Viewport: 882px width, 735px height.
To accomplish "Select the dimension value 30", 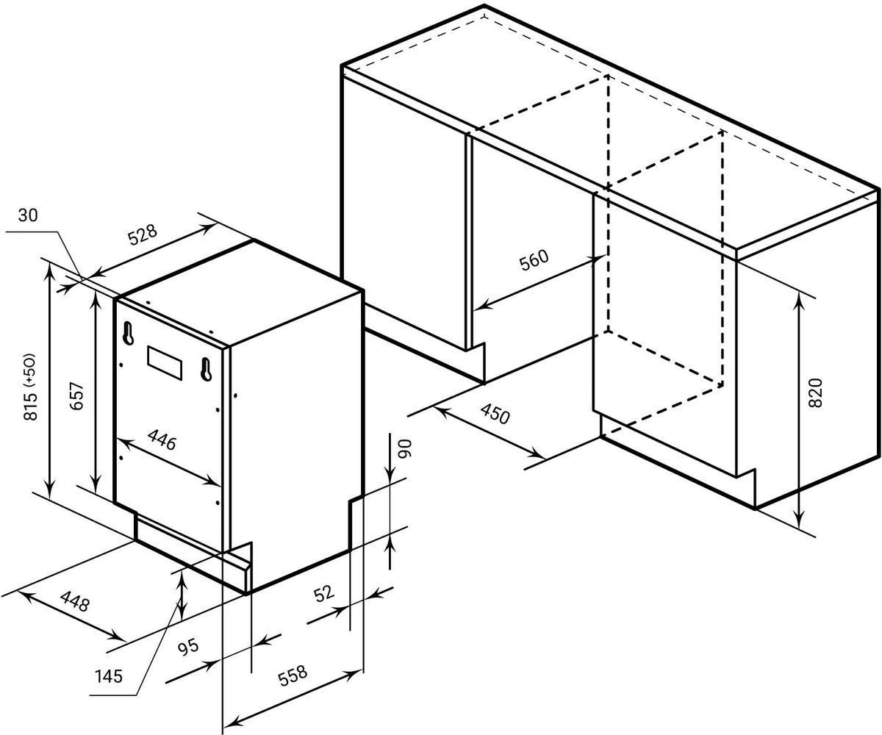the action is point(28,215).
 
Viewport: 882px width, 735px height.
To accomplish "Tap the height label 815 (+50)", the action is point(31,387).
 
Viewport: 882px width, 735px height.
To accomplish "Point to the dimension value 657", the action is point(76,397).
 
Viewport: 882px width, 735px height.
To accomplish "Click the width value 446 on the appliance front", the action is point(162,440).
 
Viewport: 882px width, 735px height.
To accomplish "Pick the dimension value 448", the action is point(75,601).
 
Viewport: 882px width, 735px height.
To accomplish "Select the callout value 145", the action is point(108,677).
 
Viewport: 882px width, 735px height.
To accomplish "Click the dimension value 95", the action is point(187,646).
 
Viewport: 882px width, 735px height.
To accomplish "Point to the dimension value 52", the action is point(324,594).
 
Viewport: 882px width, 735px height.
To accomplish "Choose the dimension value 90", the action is point(404,449).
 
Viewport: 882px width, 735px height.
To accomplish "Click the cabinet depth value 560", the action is point(534,260).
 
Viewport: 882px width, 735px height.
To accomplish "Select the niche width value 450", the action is point(495,414).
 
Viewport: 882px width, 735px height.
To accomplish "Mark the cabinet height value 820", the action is point(815,392).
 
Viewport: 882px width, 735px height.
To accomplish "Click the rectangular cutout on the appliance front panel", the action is point(165,363).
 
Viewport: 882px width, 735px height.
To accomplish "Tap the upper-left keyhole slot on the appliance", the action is point(128,333).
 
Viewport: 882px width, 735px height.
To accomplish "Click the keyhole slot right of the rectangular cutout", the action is point(206,369).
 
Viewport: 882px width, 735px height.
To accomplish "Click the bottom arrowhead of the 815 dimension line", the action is point(51,490).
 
